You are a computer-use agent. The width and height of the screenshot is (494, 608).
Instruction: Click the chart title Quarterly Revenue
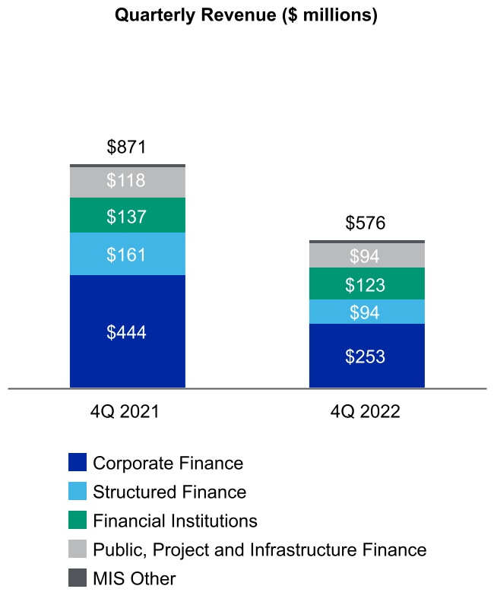coord(245,15)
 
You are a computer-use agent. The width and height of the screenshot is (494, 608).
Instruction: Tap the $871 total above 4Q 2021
coord(126,147)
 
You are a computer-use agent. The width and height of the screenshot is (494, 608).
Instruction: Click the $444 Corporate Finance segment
coord(127,332)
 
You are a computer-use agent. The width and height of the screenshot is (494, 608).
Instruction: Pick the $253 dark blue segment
coord(366,356)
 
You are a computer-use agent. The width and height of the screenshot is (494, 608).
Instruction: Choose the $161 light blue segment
coord(127,254)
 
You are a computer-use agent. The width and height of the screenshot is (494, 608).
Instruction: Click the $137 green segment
coord(127,216)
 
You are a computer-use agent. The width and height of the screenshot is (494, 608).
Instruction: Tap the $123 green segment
coord(366,284)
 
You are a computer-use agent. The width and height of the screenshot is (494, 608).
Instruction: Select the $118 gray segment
coord(127,182)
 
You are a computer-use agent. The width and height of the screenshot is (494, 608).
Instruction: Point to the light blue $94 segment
coord(366,312)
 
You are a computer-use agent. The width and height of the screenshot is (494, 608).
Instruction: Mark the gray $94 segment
coord(366,256)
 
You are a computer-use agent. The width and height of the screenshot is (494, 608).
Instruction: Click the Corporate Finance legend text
coord(168,463)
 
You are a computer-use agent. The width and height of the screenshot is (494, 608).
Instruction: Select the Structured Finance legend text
coord(169,492)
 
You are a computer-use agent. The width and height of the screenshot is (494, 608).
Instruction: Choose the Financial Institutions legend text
coord(175,521)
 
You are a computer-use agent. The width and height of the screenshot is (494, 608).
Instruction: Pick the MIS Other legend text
coord(134,578)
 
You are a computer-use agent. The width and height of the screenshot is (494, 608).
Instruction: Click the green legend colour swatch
coord(78,521)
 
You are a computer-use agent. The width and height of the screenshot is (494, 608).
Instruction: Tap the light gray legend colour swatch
coord(78,549)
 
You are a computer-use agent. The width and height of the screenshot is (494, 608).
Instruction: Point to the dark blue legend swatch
coord(78,463)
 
